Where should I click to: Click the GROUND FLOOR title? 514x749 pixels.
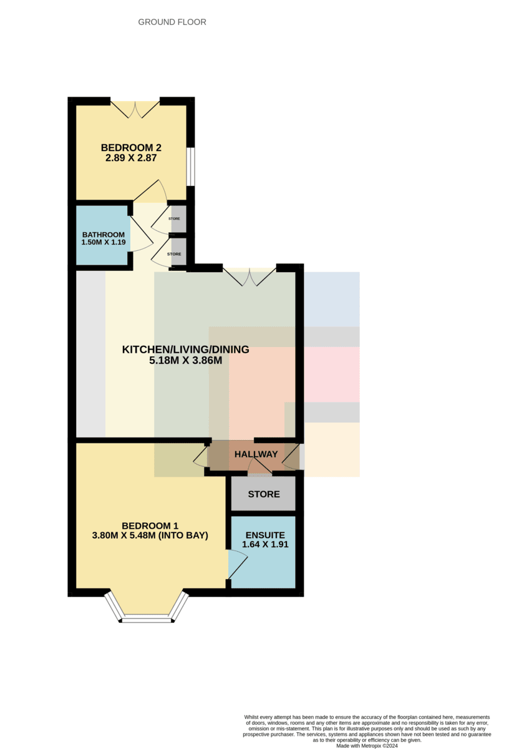[x=172, y=22]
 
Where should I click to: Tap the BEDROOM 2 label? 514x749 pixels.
[x=131, y=147]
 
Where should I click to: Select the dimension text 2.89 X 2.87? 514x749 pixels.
[x=131, y=158]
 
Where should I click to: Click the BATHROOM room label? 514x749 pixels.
[x=104, y=235]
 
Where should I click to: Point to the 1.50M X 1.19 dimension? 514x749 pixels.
[x=104, y=242]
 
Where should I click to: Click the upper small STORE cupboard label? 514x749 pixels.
[x=174, y=218]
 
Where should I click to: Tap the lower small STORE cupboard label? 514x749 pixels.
[x=174, y=254]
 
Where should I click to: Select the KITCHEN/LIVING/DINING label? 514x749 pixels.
[x=185, y=350]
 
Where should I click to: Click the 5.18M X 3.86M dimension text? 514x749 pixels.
[x=185, y=361]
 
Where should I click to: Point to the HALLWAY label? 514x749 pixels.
[x=256, y=454]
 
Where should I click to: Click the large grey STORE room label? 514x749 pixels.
[x=264, y=494]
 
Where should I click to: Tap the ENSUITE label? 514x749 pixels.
[x=265, y=535]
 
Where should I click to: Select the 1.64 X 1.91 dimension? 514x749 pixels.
[x=265, y=544]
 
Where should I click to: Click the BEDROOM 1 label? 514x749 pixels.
[x=150, y=526]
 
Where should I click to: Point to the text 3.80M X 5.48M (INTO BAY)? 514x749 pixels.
[x=150, y=536]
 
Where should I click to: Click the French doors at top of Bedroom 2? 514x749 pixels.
[x=135, y=109]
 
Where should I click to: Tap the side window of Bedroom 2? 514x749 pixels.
[x=191, y=167]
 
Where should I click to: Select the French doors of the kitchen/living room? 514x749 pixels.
[x=250, y=277]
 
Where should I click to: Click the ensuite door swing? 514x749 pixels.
[x=238, y=564]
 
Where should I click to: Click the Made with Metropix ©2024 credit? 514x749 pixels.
[x=367, y=746]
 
